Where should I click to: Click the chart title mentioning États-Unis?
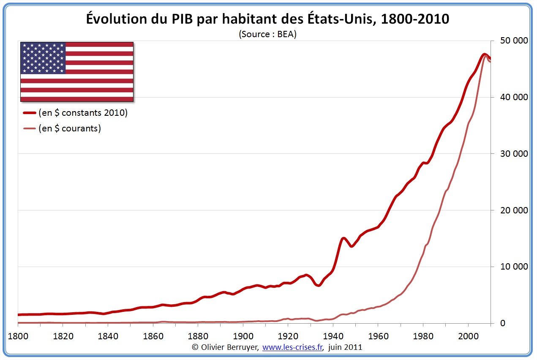point(267,19)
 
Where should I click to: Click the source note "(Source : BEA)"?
point(267,34)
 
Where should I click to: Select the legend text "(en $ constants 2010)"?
point(83,113)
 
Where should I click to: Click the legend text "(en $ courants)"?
point(70,128)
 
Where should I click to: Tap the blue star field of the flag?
point(43,58)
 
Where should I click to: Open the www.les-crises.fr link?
point(293,347)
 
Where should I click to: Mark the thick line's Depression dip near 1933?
point(318,285)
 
